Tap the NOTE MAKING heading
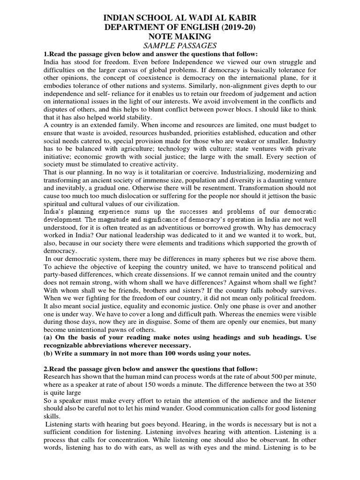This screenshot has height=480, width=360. tap(180, 37)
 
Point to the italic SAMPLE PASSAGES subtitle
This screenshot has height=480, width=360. tap(180, 45)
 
